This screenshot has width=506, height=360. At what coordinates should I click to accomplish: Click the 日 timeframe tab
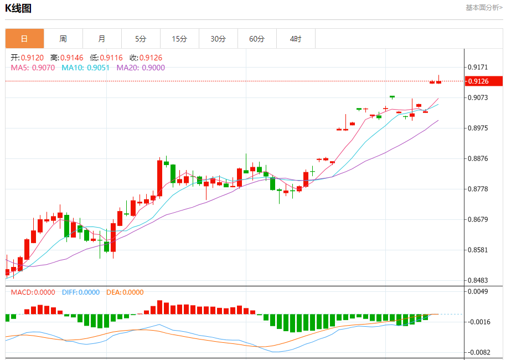tap(24, 39)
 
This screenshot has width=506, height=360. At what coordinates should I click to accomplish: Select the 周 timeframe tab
tap(63, 39)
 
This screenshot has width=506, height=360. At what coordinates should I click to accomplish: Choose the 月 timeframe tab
tap(102, 39)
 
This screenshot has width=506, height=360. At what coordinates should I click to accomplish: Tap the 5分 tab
tap(141, 39)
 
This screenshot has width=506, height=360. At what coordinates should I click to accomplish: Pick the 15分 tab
tap(179, 39)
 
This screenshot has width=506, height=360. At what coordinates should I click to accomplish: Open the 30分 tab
tap(218, 39)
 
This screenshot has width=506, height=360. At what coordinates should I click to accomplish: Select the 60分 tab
tap(257, 39)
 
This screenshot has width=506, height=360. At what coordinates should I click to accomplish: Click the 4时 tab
tap(296, 39)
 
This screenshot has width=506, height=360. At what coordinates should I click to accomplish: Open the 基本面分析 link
tap(483, 8)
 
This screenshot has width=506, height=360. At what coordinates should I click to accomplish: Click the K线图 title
tap(18, 8)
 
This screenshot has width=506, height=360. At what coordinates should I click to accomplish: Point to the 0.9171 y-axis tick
tap(478, 67)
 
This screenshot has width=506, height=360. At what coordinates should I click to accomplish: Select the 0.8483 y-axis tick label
tap(478, 280)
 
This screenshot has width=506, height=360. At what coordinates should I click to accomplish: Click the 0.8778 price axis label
tap(478, 189)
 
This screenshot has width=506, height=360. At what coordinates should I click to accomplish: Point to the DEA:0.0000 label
tap(125, 292)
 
